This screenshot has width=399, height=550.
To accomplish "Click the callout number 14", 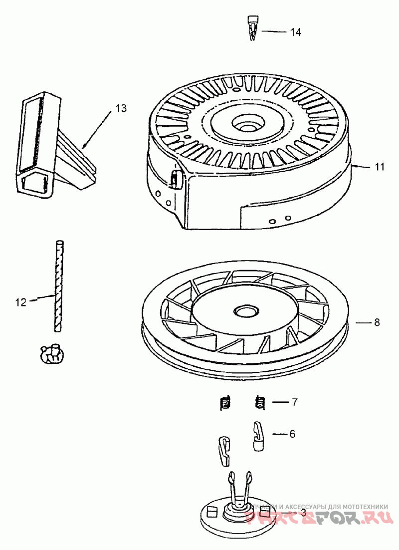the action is (296, 32).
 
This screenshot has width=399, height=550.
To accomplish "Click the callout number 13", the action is (121, 108).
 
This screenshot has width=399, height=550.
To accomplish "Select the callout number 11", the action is (380, 167).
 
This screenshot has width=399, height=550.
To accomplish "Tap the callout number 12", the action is (20, 301).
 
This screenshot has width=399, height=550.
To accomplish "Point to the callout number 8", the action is (377, 322).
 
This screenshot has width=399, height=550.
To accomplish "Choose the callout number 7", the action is (295, 402).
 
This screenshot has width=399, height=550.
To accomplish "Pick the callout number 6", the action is (292, 434).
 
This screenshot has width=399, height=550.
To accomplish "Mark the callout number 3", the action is (303, 513).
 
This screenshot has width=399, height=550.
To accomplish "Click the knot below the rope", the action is (51, 353).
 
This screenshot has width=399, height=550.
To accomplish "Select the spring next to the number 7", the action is (260, 402).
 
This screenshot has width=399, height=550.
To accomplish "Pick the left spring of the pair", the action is (226, 402).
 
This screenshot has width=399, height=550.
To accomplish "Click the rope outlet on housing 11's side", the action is (176, 179).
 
